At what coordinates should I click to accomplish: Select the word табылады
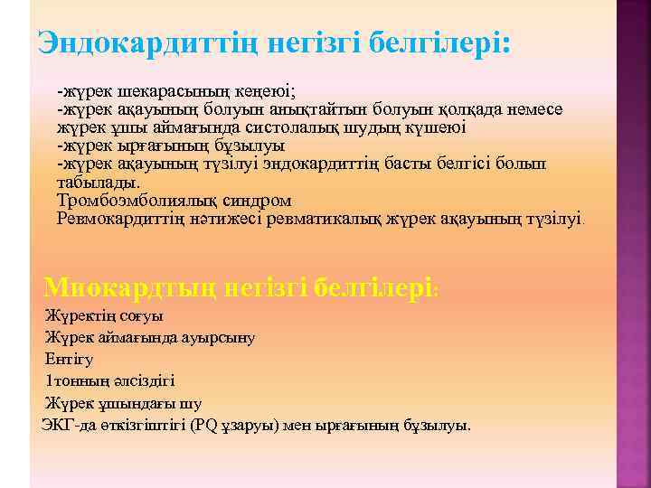tap(93, 182)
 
